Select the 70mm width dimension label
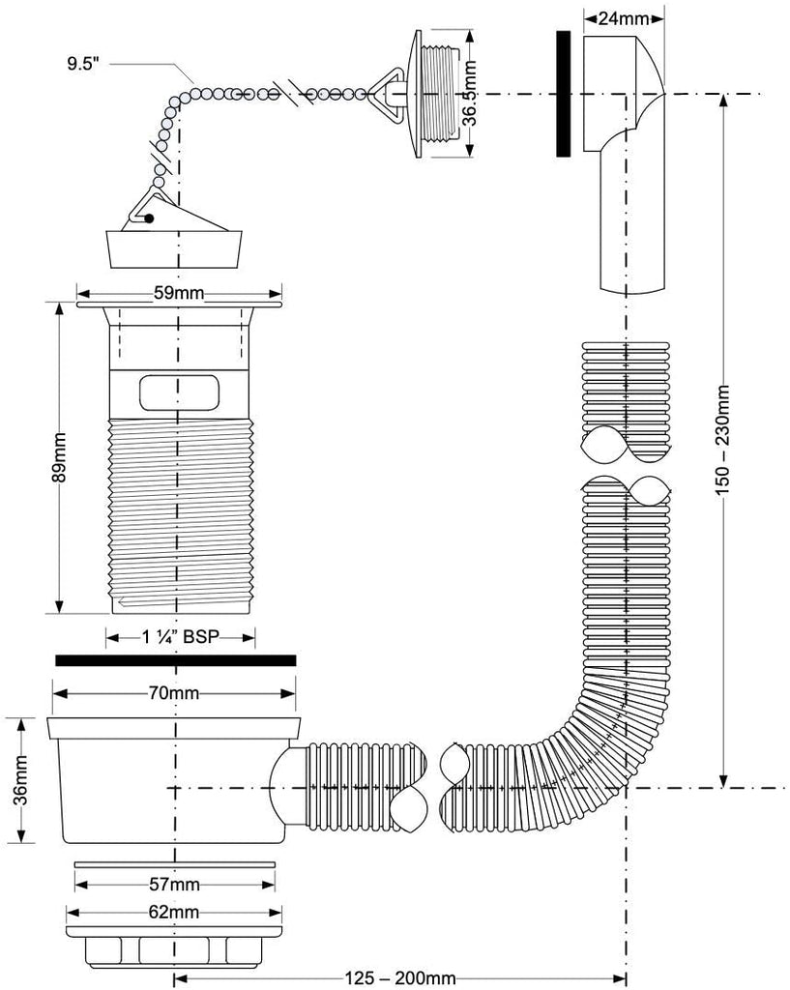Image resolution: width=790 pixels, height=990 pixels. point(174,693)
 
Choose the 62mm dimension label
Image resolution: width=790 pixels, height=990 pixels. point(175,912)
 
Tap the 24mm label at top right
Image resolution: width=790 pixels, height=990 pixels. point(624,16)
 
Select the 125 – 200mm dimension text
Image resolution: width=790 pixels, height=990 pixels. point(397,978)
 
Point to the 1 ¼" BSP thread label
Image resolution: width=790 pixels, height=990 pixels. point(181,637)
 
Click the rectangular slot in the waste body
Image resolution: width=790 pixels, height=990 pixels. point(176,394)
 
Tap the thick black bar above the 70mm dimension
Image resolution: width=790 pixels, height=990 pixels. point(175,660)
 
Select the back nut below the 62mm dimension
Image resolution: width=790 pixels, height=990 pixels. point(176,948)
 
